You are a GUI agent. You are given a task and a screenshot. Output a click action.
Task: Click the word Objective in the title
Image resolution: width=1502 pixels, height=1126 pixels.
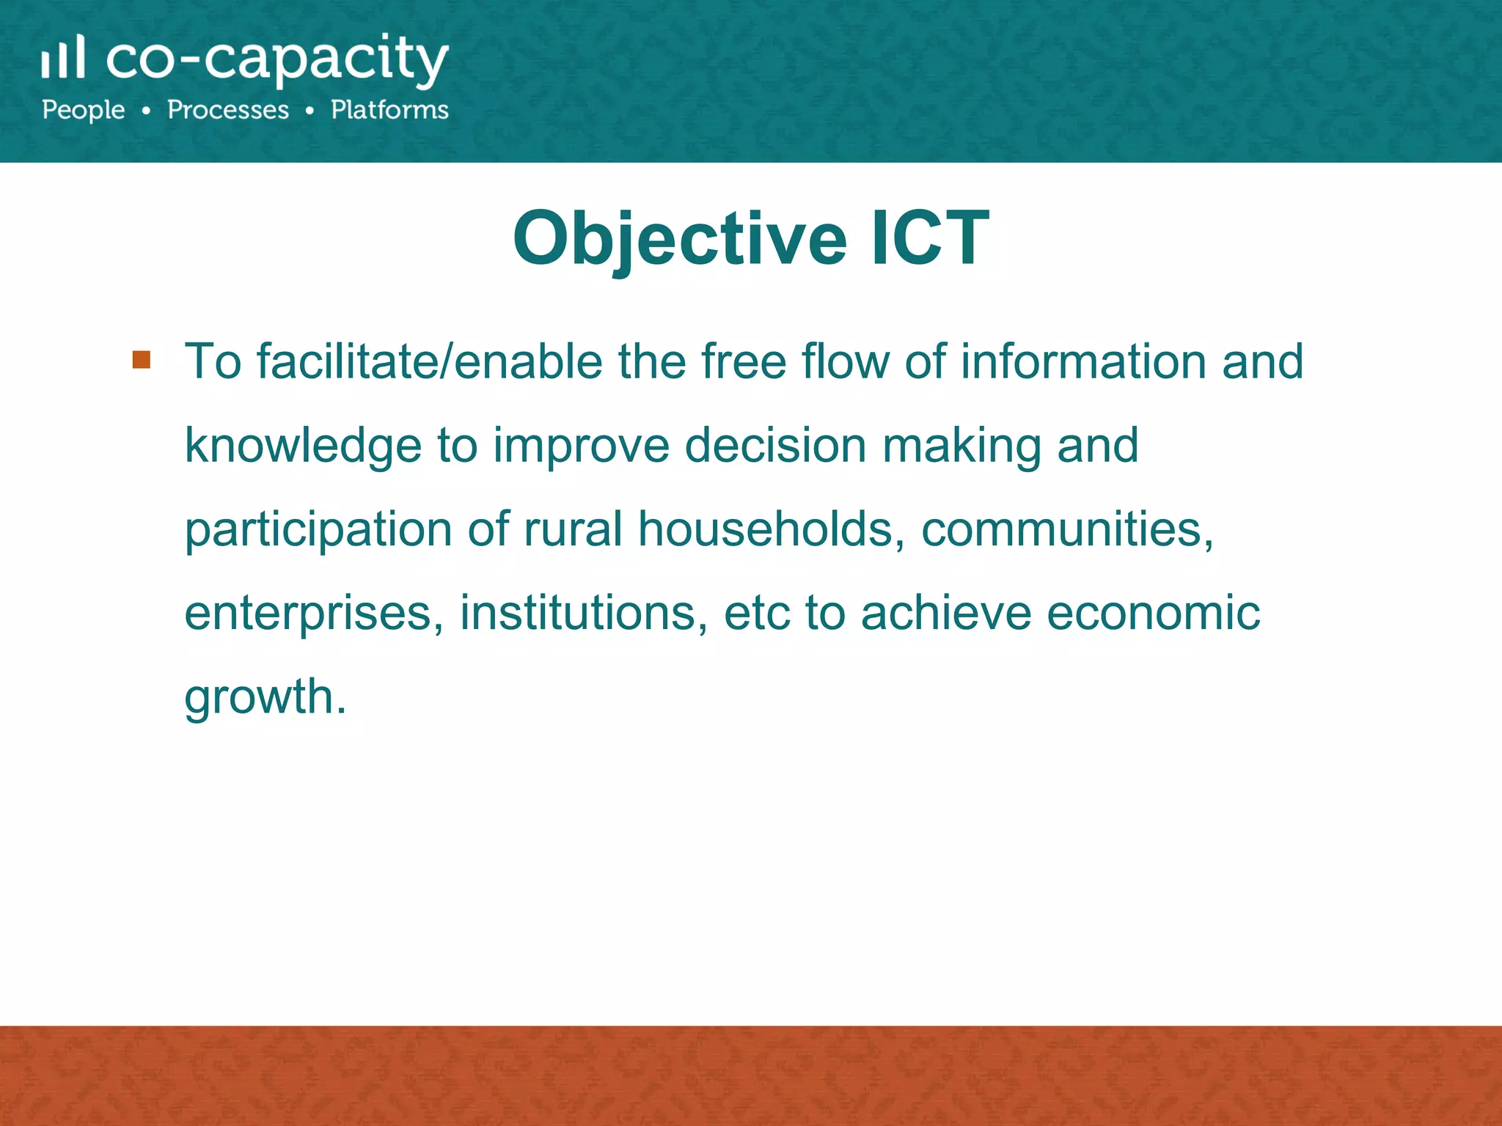tap(679, 239)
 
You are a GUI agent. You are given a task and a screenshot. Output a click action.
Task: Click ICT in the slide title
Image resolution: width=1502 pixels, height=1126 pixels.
tap(930, 238)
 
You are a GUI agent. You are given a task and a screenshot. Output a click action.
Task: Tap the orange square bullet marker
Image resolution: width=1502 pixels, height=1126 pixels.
tap(142, 360)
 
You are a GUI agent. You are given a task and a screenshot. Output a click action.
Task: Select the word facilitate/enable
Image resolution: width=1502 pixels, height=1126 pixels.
tap(429, 362)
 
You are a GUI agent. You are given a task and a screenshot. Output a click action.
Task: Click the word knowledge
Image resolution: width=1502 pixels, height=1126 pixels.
tap(303, 446)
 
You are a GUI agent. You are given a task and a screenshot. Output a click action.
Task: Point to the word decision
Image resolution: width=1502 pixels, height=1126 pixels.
tap(775, 445)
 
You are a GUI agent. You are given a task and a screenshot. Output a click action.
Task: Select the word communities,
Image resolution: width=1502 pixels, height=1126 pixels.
tap(1067, 530)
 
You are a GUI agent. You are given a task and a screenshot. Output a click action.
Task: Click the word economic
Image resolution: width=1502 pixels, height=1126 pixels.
tap(1153, 613)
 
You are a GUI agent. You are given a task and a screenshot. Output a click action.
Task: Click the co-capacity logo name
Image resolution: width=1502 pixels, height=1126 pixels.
tap(277, 60)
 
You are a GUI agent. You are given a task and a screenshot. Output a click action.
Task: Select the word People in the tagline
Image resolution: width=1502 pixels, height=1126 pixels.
tap(84, 110)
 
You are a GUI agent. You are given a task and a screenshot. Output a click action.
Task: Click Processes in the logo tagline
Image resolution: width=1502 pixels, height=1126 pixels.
tap(228, 110)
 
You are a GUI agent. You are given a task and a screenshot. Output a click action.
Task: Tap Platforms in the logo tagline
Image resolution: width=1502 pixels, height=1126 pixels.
tap(389, 110)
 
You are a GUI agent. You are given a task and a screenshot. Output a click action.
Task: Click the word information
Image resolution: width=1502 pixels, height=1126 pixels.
tap(1083, 362)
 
